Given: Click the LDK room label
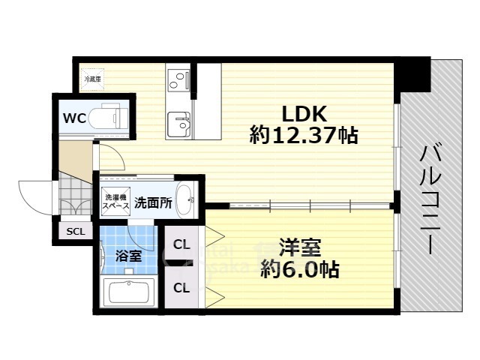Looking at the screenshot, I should point(303,115).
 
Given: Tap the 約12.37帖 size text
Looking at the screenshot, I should point(303,136).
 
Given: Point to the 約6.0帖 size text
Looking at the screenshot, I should point(299,268).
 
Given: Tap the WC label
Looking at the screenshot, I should point(73,118).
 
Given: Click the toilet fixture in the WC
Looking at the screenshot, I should point(109,118).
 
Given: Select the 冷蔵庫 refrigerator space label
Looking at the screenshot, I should point(94,78).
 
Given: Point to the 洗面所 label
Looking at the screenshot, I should point(153,202).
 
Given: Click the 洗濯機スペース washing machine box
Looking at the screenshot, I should point(115,202).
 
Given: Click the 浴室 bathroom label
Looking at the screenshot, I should point(127,255).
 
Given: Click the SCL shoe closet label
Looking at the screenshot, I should point(75,231).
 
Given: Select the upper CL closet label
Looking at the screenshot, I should point(181,244).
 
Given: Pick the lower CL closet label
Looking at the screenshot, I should point(181,286).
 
